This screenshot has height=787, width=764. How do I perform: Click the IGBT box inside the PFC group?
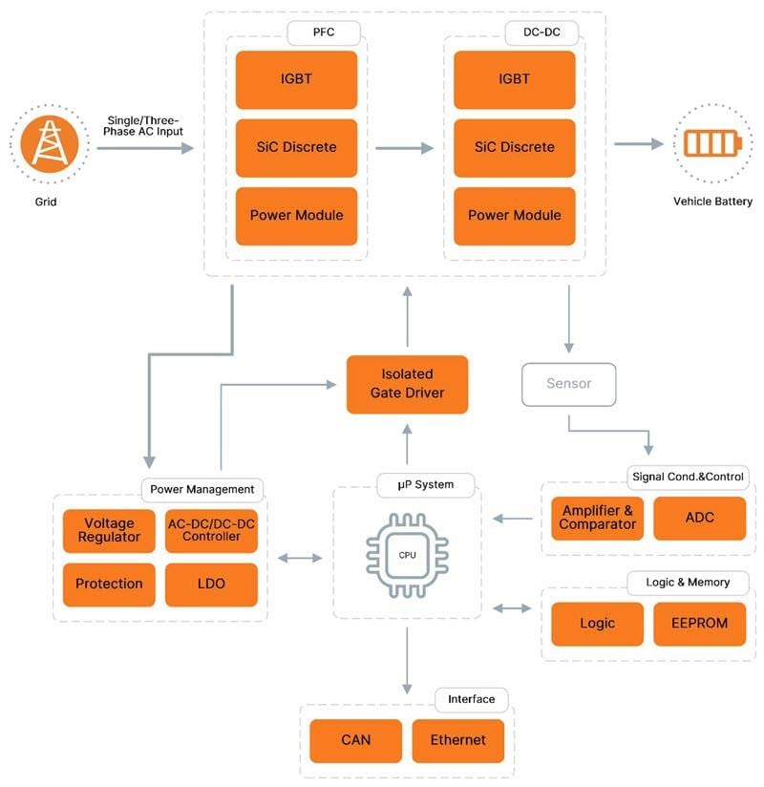tap(296, 79)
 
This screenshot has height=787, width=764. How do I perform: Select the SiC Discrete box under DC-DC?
tap(514, 147)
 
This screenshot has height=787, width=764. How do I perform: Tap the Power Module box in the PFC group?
tap(296, 215)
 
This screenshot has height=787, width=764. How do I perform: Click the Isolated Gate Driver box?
tap(407, 384)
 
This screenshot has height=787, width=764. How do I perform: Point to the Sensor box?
tap(568, 383)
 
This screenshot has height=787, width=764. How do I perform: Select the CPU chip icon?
tap(407, 555)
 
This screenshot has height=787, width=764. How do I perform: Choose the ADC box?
tap(699, 518)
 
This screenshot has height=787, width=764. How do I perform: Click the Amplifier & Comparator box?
tap(598, 518)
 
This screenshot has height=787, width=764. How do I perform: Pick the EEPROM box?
tap(699, 623)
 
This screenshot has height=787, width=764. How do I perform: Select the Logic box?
tap(598, 623)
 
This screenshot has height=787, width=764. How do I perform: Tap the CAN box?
tap(355, 740)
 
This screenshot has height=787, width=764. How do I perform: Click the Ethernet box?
tap(457, 740)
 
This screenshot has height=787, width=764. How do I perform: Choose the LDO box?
tap(211, 584)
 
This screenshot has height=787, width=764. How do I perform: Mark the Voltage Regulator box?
tap(109, 530)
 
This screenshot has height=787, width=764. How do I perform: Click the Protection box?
tap(109, 584)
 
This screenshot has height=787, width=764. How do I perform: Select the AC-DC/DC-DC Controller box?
tap(211, 530)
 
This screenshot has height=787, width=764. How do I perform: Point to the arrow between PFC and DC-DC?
tap(404, 148)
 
